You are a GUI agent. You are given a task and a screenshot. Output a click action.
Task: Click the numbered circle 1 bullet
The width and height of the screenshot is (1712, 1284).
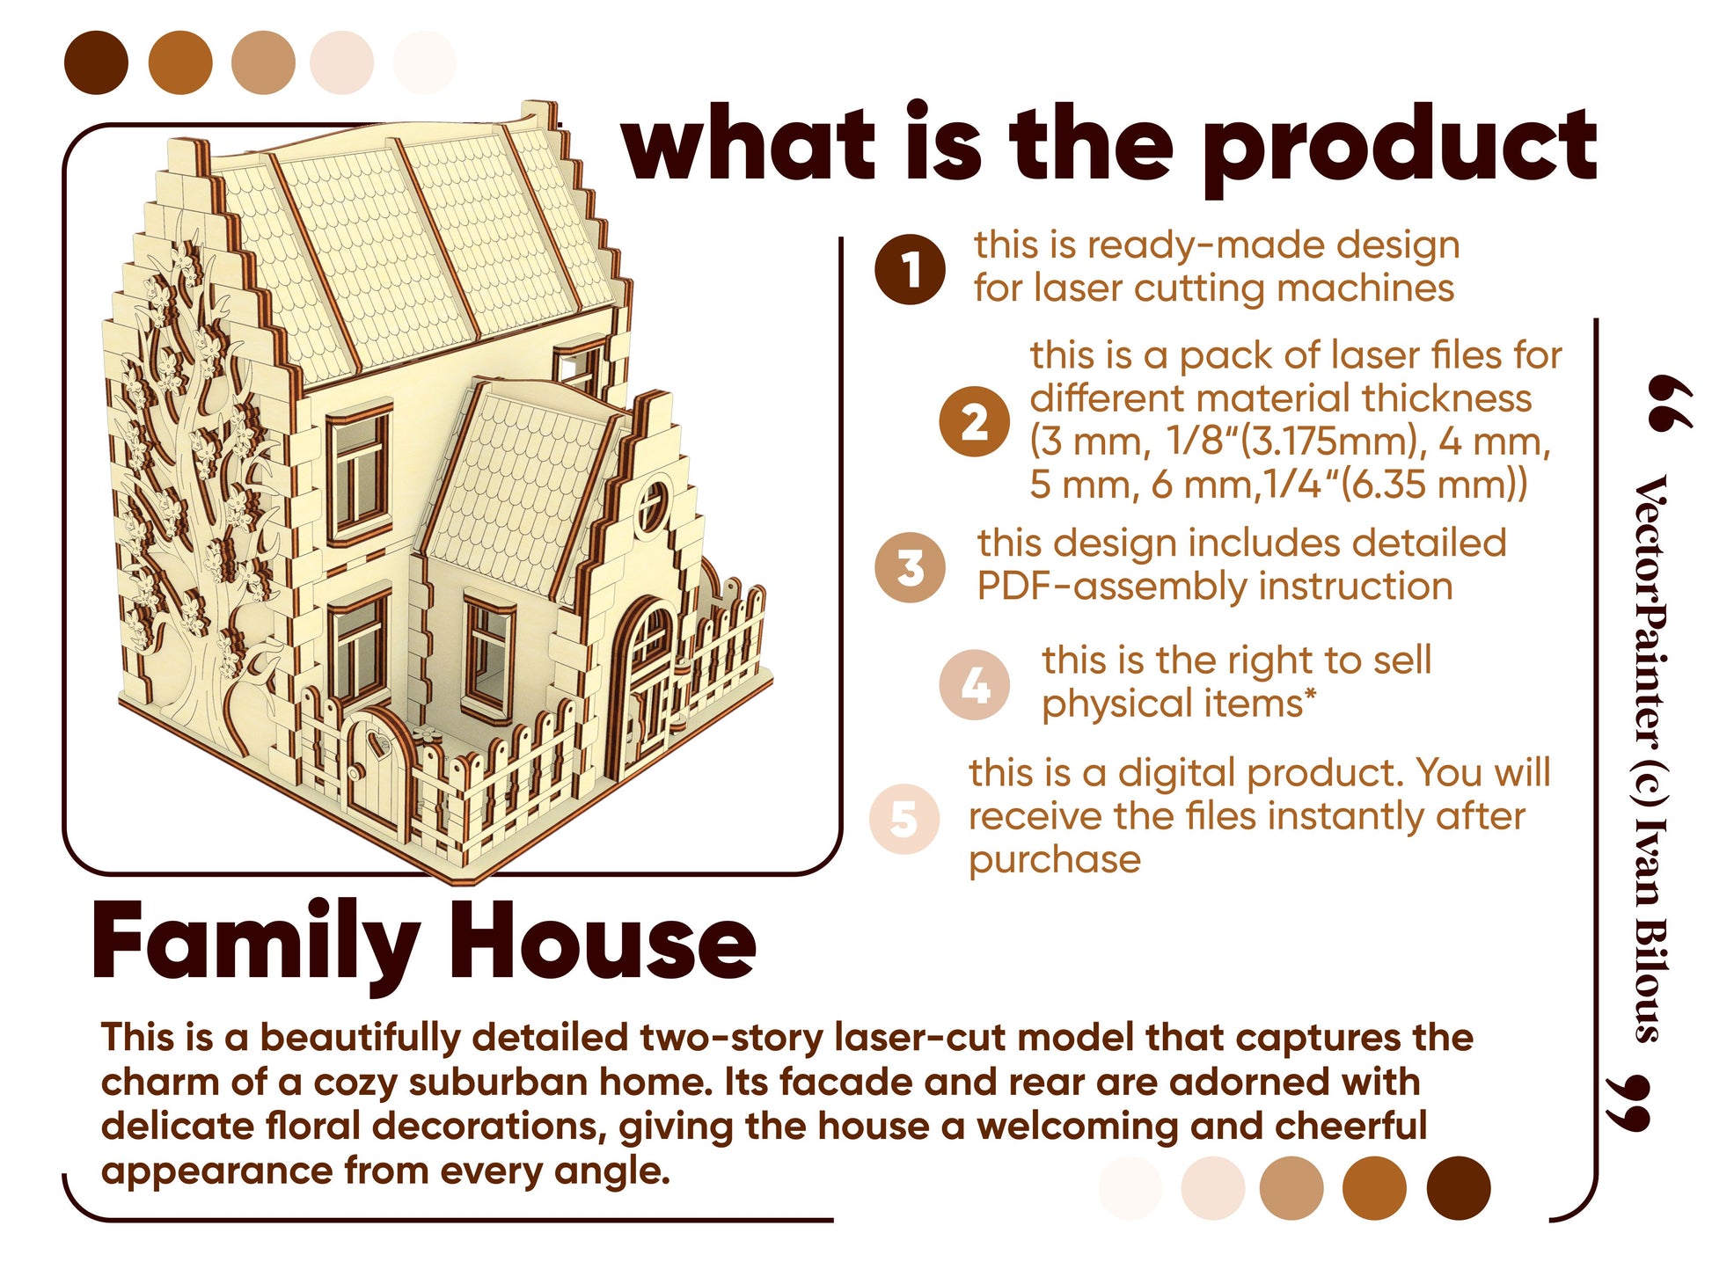point(910,270)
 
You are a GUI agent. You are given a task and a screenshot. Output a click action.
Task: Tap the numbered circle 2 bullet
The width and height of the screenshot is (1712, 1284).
point(974,421)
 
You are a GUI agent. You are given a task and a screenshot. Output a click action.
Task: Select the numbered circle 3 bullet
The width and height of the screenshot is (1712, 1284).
point(910,567)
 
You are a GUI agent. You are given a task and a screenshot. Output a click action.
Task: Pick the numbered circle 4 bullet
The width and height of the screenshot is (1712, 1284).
point(974,684)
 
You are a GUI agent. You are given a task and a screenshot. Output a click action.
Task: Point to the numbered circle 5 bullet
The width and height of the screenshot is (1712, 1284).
point(904,818)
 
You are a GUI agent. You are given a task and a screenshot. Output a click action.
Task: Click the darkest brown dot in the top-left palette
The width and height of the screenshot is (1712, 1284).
point(97,62)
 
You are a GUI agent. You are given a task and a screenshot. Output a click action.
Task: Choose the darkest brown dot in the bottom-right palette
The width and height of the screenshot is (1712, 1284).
point(1458,1188)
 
